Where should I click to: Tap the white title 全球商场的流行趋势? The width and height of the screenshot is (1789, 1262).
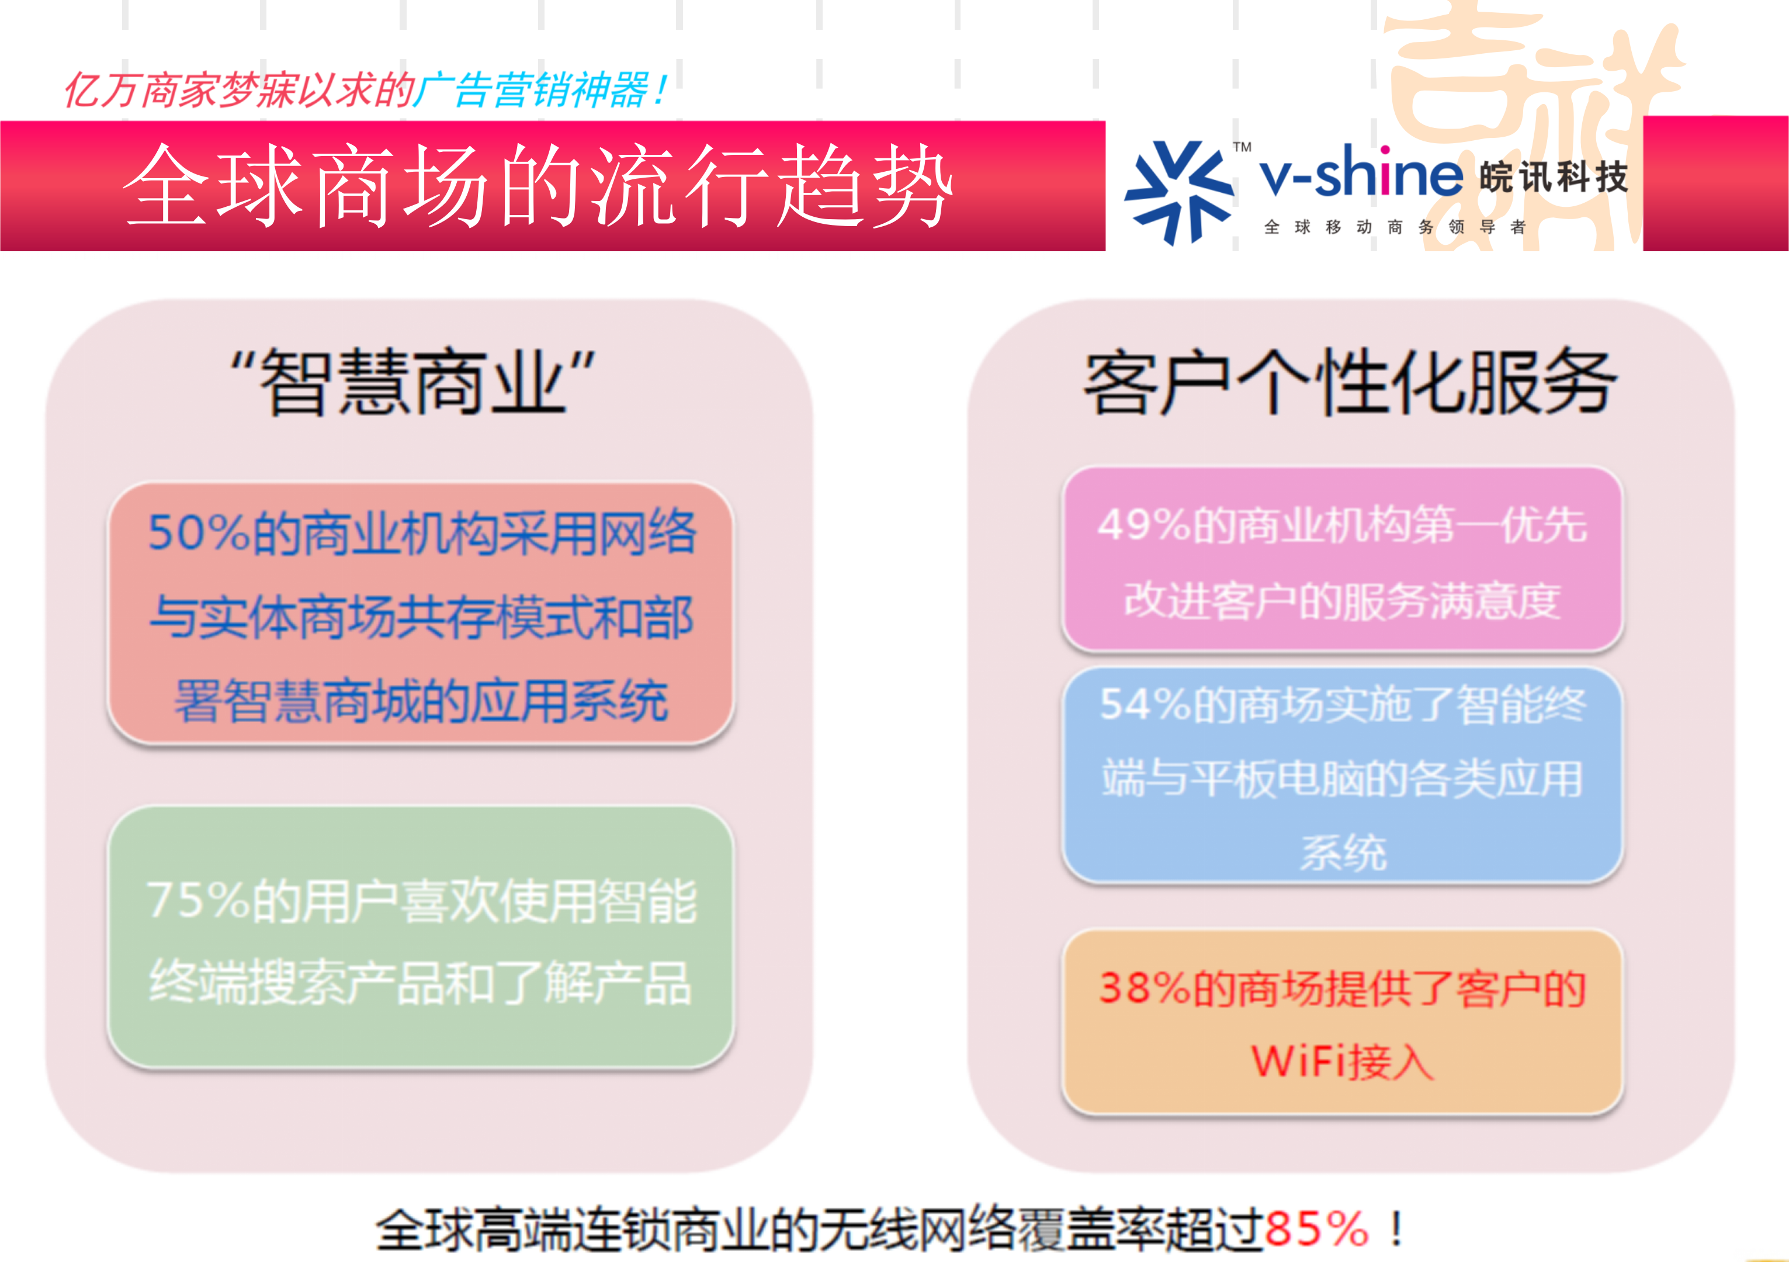coord(538,187)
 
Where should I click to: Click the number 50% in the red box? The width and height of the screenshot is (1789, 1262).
coord(198,533)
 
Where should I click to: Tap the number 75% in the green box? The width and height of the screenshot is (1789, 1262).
coord(196,902)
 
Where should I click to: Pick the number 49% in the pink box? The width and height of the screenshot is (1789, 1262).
coord(1142,525)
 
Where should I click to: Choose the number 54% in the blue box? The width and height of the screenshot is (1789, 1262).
coord(1144,705)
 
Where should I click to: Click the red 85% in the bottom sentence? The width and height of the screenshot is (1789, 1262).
coord(1316,1229)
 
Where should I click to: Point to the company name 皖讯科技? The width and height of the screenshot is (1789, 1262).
coord(1553,178)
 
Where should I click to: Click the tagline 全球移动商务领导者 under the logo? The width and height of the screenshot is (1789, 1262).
coord(1394,227)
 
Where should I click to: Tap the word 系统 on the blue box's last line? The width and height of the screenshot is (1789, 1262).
coord(1343,853)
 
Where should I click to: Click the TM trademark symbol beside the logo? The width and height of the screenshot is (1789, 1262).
coord(1242,147)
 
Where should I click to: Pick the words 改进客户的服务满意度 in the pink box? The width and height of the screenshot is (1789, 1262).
coord(1341,601)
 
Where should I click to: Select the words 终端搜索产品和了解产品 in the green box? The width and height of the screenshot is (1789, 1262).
coord(420,983)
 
